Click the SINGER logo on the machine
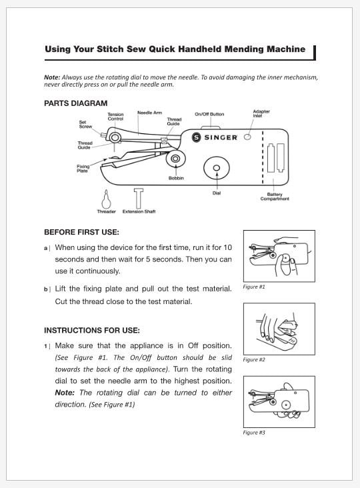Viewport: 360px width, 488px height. (215, 137)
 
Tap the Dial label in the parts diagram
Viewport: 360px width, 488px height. (217, 193)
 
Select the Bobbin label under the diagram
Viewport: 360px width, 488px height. (176, 178)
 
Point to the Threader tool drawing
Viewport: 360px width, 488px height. (107, 199)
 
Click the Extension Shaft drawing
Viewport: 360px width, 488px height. (139, 198)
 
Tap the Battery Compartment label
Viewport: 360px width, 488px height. (275, 197)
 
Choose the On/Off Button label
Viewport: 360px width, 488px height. (209, 114)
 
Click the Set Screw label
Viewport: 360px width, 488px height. (85, 125)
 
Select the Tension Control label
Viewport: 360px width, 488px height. (116, 117)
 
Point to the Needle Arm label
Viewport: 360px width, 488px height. (149, 113)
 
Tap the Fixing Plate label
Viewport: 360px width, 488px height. (83, 169)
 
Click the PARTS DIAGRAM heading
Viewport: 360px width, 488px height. (75, 103)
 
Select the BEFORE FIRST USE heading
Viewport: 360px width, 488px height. (81, 232)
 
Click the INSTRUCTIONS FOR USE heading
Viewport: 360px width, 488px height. (92, 330)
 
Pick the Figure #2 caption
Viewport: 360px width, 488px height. (254, 359)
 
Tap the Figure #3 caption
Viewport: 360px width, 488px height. (254, 432)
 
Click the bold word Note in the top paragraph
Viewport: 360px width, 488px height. (52, 77)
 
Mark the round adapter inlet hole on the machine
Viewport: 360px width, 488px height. (247, 137)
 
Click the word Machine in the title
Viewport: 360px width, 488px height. (286, 49)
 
